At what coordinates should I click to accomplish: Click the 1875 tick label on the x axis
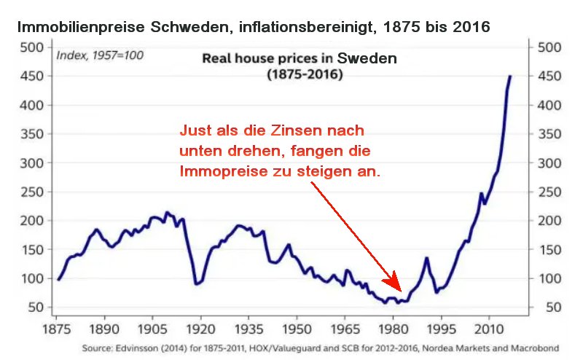tap(57, 329)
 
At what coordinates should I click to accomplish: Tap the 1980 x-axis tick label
tap(393, 329)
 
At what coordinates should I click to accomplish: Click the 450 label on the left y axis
tap(32, 77)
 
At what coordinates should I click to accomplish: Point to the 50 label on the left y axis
tap(36, 308)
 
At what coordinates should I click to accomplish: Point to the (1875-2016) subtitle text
tap(305, 74)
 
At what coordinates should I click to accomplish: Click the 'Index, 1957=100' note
tap(100, 56)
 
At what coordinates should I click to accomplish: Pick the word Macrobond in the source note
tap(536, 348)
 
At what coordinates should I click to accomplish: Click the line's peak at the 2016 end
tap(510, 77)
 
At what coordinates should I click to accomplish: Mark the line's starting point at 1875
tap(58, 279)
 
